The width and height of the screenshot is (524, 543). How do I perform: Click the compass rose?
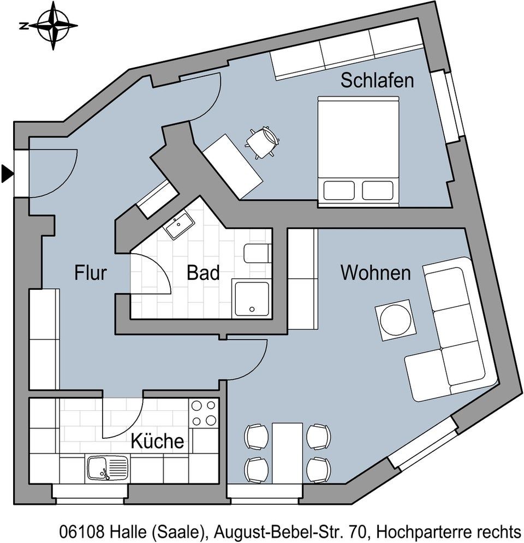[x=53, y=25]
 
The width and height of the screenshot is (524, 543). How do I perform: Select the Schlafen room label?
[x=377, y=81]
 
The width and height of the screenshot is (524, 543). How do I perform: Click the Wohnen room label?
[x=376, y=272]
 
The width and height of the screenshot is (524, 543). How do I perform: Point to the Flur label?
[x=91, y=272]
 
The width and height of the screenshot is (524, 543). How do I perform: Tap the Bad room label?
[x=203, y=272]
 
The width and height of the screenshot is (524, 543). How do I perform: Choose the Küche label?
[x=157, y=441]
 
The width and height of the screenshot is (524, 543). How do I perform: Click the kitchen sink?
[x=107, y=468]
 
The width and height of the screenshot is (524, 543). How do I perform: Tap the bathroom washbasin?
[x=180, y=226]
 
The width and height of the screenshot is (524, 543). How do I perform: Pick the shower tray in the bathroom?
[x=251, y=299]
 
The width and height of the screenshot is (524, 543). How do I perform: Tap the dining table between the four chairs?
[x=288, y=451]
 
